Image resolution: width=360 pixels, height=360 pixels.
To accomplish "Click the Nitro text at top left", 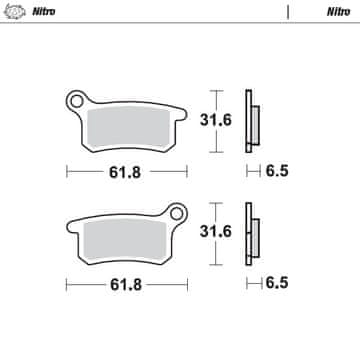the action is (43, 12).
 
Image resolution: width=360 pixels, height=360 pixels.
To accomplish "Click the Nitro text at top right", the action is (338, 12).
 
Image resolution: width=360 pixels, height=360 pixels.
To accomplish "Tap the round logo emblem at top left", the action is (15, 12).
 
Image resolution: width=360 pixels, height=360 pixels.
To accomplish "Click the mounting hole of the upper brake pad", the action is (77, 101).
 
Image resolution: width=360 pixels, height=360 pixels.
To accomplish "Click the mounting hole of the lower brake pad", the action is (177, 213).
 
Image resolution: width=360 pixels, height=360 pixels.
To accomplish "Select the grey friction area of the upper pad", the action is (128, 127).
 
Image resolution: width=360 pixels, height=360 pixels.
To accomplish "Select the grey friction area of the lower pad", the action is (125, 239).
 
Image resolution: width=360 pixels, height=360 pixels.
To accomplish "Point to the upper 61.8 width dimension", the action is (125, 172).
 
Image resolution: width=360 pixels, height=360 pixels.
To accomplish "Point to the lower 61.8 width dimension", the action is (126, 285).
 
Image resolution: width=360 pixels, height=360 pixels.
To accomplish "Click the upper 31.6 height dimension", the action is (216, 120).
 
